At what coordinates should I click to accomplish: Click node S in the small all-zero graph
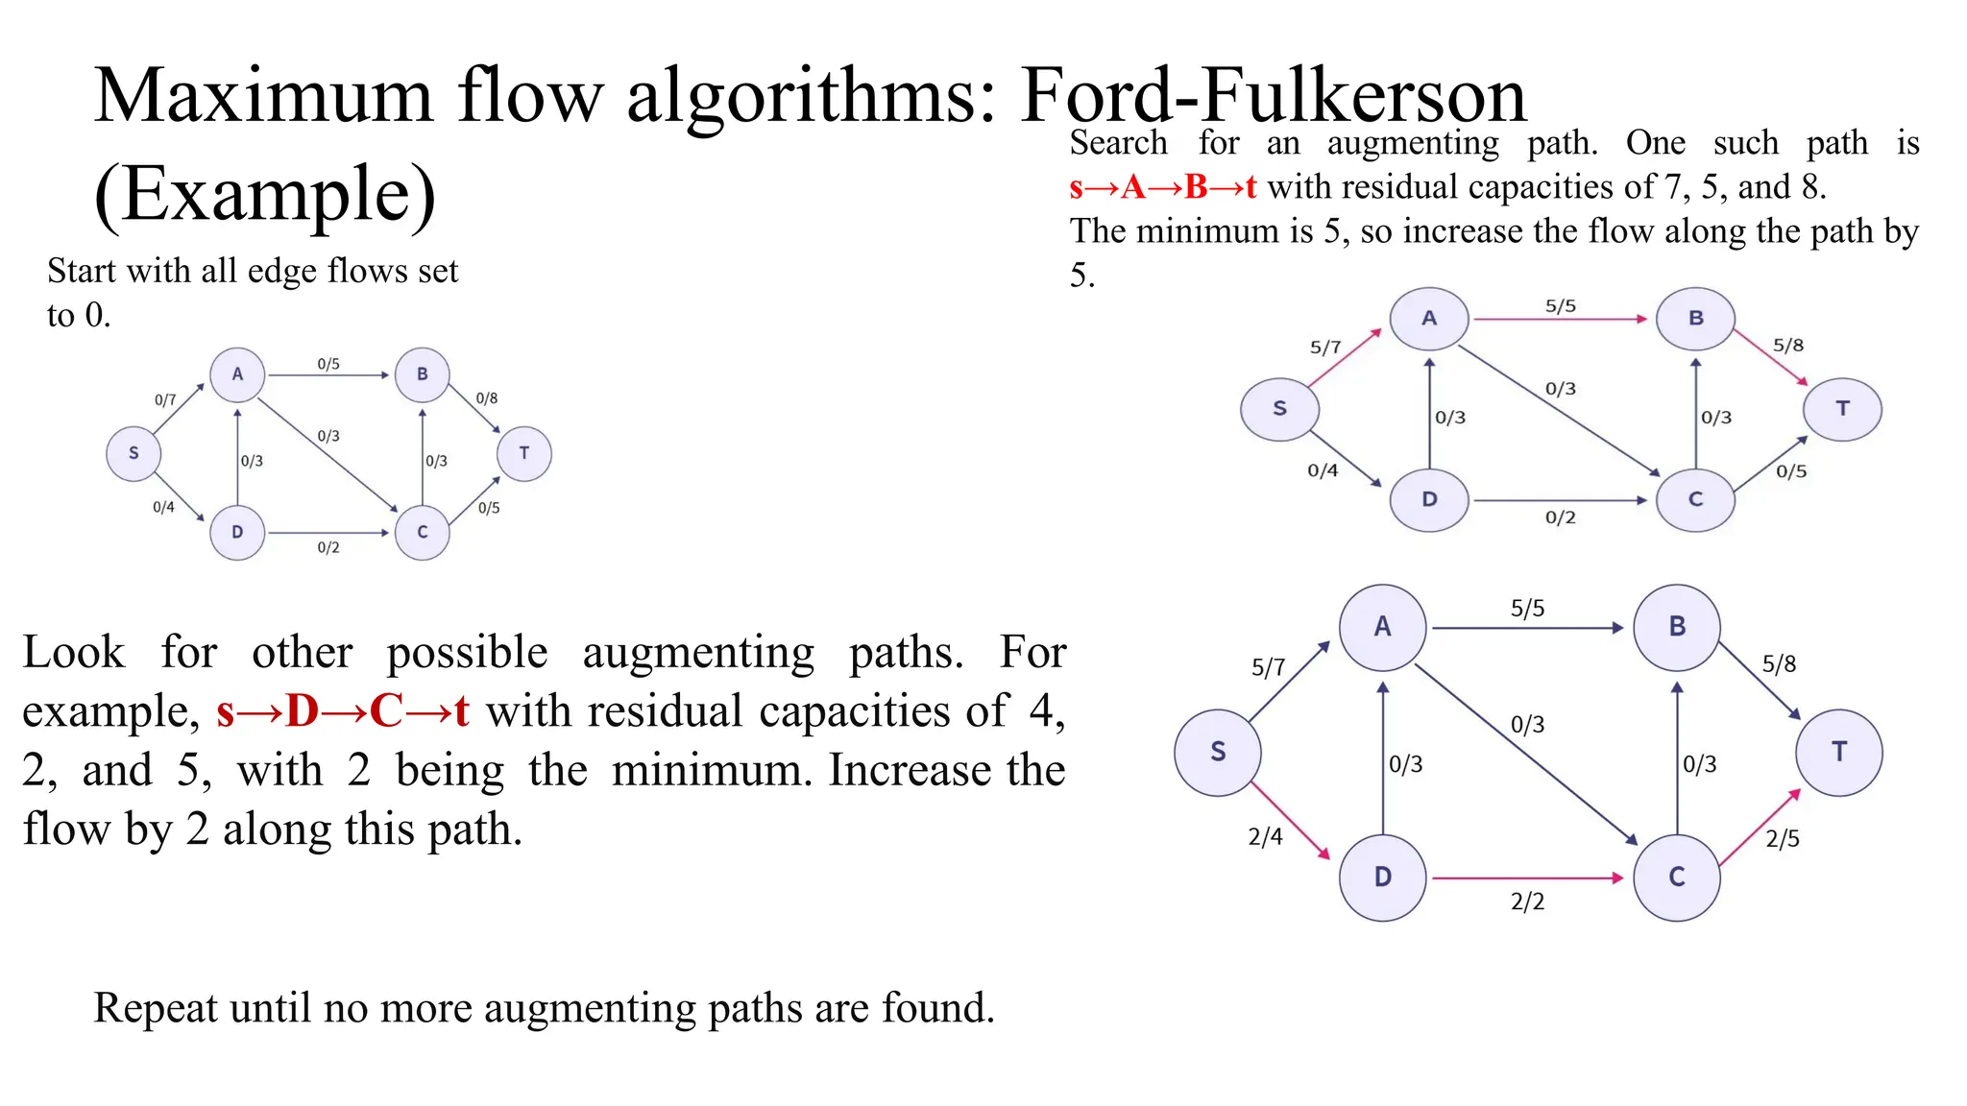pyautogui.click(x=134, y=453)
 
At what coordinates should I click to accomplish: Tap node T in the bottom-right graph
pyautogui.click(x=1839, y=752)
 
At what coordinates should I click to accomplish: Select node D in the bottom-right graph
pyautogui.click(x=1382, y=877)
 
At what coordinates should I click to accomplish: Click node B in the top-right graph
pyautogui.click(x=1695, y=318)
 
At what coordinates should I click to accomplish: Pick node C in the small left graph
pyautogui.click(x=423, y=532)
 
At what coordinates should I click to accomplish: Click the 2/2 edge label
pyautogui.click(x=1527, y=902)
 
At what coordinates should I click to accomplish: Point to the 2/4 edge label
pyautogui.click(x=1265, y=836)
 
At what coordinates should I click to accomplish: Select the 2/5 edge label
pyautogui.click(x=1783, y=838)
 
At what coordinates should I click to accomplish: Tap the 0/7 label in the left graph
pyautogui.click(x=165, y=399)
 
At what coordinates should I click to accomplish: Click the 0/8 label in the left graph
pyautogui.click(x=487, y=397)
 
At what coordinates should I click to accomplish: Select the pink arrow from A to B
pyautogui.click(x=1560, y=319)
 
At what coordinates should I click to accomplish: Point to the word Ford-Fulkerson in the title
pyautogui.click(x=1272, y=96)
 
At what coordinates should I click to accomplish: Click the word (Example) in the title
pyautogui.click(x=265, y=195)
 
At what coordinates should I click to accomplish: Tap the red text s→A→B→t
pyautogui.click(x=1162, y=186)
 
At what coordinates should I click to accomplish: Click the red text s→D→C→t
pyautogui.click(x=343, y=711)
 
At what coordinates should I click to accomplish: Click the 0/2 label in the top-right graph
pyautogui.click(x=1560, y=517)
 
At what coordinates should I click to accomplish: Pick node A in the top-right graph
pyautogui.click(x=1429, y=318)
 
